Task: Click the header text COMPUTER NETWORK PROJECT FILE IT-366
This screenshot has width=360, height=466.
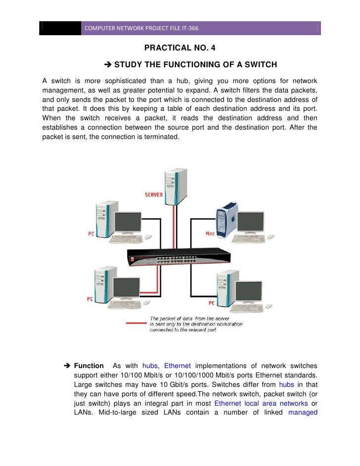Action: (141, 28)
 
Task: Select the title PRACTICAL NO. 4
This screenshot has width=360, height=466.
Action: (180, 48)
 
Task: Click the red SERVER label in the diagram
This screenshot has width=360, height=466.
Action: (153, 195)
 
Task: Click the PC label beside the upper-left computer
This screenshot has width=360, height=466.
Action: (91, 233)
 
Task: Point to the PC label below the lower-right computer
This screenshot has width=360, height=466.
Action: (211, 302)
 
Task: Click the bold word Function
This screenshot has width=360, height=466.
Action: (89, 366)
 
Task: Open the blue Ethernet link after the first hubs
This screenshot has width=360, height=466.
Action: (178, 366)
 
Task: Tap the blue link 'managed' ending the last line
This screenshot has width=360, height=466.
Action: (302, 412)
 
